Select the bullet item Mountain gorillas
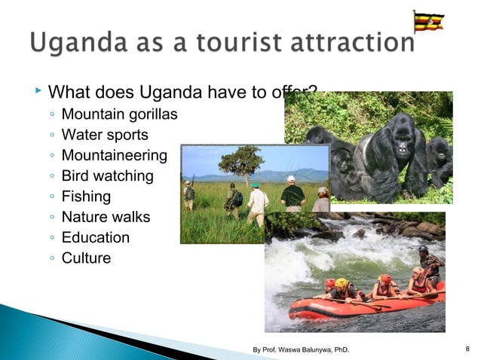tap(119, 115)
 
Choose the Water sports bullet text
tap(105, 136)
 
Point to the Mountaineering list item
tap(114, 156)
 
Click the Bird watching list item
tap(106, 176)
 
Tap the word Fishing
tap(86, 197)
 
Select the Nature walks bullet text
tap(106, 217)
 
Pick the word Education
tap(95, 237)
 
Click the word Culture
tap(86, 258)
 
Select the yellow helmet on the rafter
tap(341, 282)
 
